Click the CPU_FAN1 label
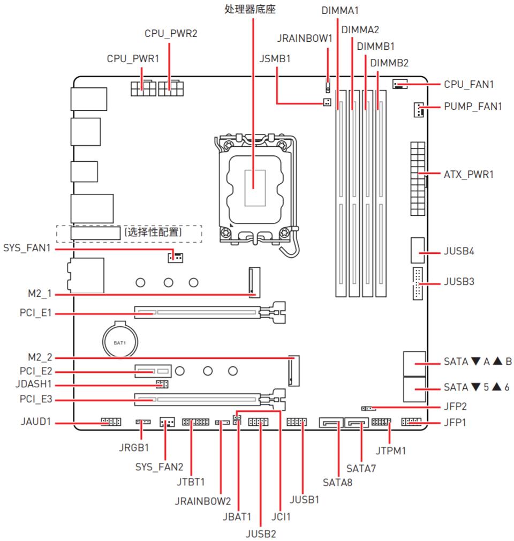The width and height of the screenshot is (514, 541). coord(468,84)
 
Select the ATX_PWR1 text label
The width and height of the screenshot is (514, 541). coord(468,174)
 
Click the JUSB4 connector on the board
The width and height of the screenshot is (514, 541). coord(418,251)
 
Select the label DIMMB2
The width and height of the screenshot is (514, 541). coord(389,63)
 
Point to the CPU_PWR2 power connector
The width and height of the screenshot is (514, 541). coord(171,86)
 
